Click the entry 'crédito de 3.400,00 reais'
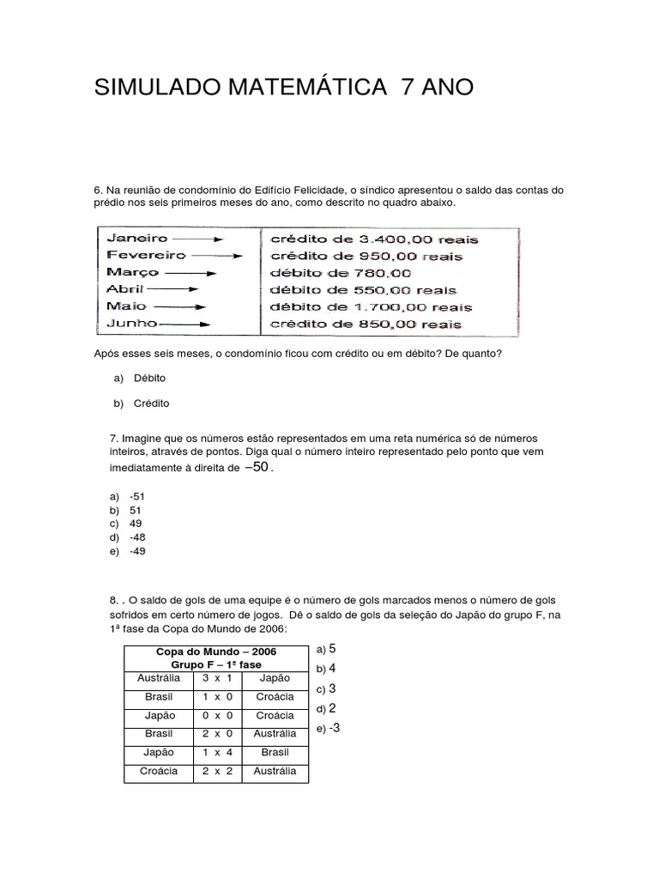tap(373, 239)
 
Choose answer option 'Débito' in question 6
tap(149, 378)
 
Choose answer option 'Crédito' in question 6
tap(151, 403)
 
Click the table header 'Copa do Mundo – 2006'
tap(216, 652)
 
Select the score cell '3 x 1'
tap(217, 677)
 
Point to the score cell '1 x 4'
tap(217, 752)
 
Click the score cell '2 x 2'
tap(217, 771)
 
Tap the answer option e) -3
tap(329, 728)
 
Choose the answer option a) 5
tap(326, 648)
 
